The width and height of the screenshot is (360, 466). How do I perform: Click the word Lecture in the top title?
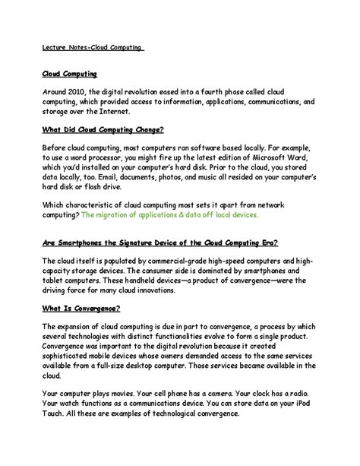coord(55,47)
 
